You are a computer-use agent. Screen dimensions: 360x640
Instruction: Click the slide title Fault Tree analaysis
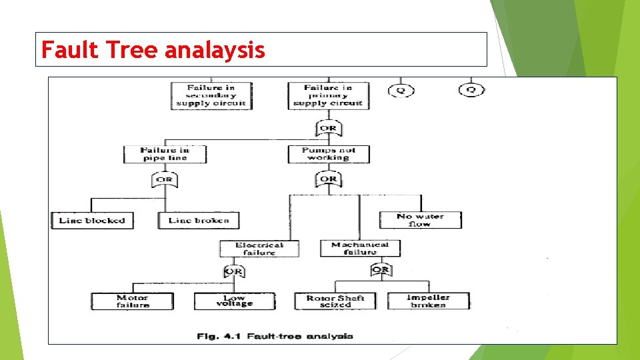[153, 49]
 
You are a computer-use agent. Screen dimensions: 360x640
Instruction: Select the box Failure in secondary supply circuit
[211, 95]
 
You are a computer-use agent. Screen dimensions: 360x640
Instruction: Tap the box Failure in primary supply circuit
[328, 95]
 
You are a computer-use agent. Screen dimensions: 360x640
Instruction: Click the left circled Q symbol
[401, 89]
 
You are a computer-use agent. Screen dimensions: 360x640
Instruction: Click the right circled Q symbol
[471, 89]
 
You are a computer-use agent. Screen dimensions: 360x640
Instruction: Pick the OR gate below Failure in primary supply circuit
[328, 127]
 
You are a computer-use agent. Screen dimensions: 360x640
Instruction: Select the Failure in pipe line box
[165, 154]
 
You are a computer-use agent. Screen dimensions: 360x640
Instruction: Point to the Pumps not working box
[329, 154]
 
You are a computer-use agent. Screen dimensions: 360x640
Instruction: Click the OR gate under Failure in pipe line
[165, 179]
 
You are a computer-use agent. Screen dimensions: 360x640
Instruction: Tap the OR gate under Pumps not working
[329, 179]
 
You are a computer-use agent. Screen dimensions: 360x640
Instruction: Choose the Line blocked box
[92, 220]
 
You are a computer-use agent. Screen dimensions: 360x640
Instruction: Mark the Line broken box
[199, 220]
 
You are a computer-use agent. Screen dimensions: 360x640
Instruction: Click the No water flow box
[420, 220]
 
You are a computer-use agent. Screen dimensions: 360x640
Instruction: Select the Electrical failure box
[259, 249]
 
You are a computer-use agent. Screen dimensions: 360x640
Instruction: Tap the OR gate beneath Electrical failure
[233, 271]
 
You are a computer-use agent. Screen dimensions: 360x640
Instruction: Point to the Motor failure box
[133, 301]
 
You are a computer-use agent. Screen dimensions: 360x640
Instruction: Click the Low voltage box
[235, 301]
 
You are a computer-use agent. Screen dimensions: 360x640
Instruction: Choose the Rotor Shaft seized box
[335, 301]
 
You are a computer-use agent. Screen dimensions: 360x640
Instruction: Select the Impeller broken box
[429, 301]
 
